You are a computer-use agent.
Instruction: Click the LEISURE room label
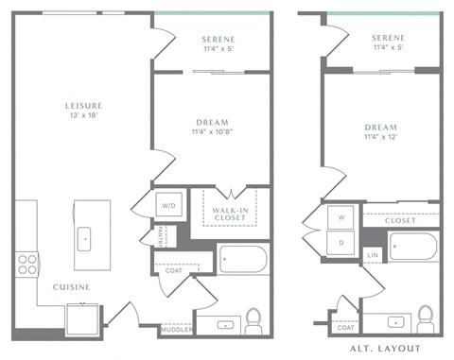pos(84,105)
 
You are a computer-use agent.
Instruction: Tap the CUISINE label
pos(70,286)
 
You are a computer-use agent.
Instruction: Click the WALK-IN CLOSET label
pos(230,213)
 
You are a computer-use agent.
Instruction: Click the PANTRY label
pos(160,235)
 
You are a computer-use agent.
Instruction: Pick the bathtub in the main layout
pos(242,259)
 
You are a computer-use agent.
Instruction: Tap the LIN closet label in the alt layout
pos(373,255)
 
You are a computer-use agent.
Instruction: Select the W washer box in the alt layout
pos(341,216)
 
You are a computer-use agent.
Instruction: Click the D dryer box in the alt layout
pos(341,242)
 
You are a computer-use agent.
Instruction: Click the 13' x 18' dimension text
pos(84,116)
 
